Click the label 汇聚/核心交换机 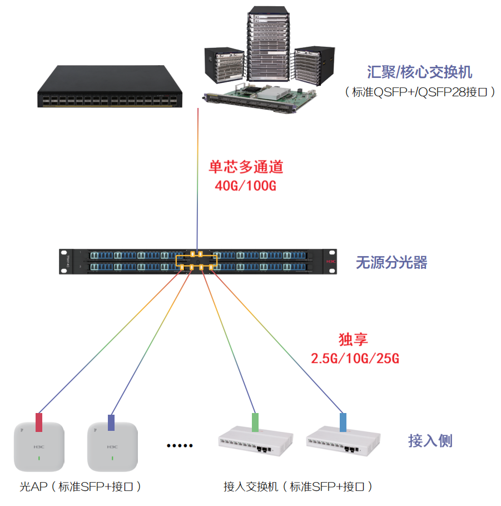point(419,72)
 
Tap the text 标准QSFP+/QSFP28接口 point(420,92)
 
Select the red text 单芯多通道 point(246,167)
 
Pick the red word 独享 point(354,340)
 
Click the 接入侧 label point(430,441)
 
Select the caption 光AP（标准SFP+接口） point(81,487)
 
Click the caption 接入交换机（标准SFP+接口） point(297,487)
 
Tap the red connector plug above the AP point(39,423)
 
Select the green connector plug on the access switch point(256,423)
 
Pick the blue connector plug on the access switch point(343,423)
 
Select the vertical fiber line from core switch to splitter point(198,178)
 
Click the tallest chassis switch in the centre point(268,47)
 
